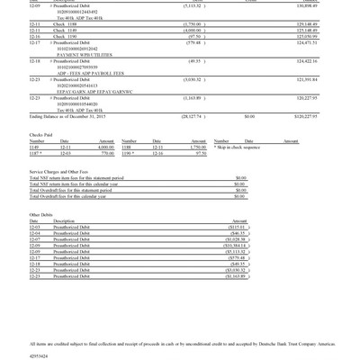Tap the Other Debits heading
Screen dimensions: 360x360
(x=41, y=215)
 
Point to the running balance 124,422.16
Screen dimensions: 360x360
(x=335, y=60)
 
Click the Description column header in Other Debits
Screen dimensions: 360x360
(x=64, y=221)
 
